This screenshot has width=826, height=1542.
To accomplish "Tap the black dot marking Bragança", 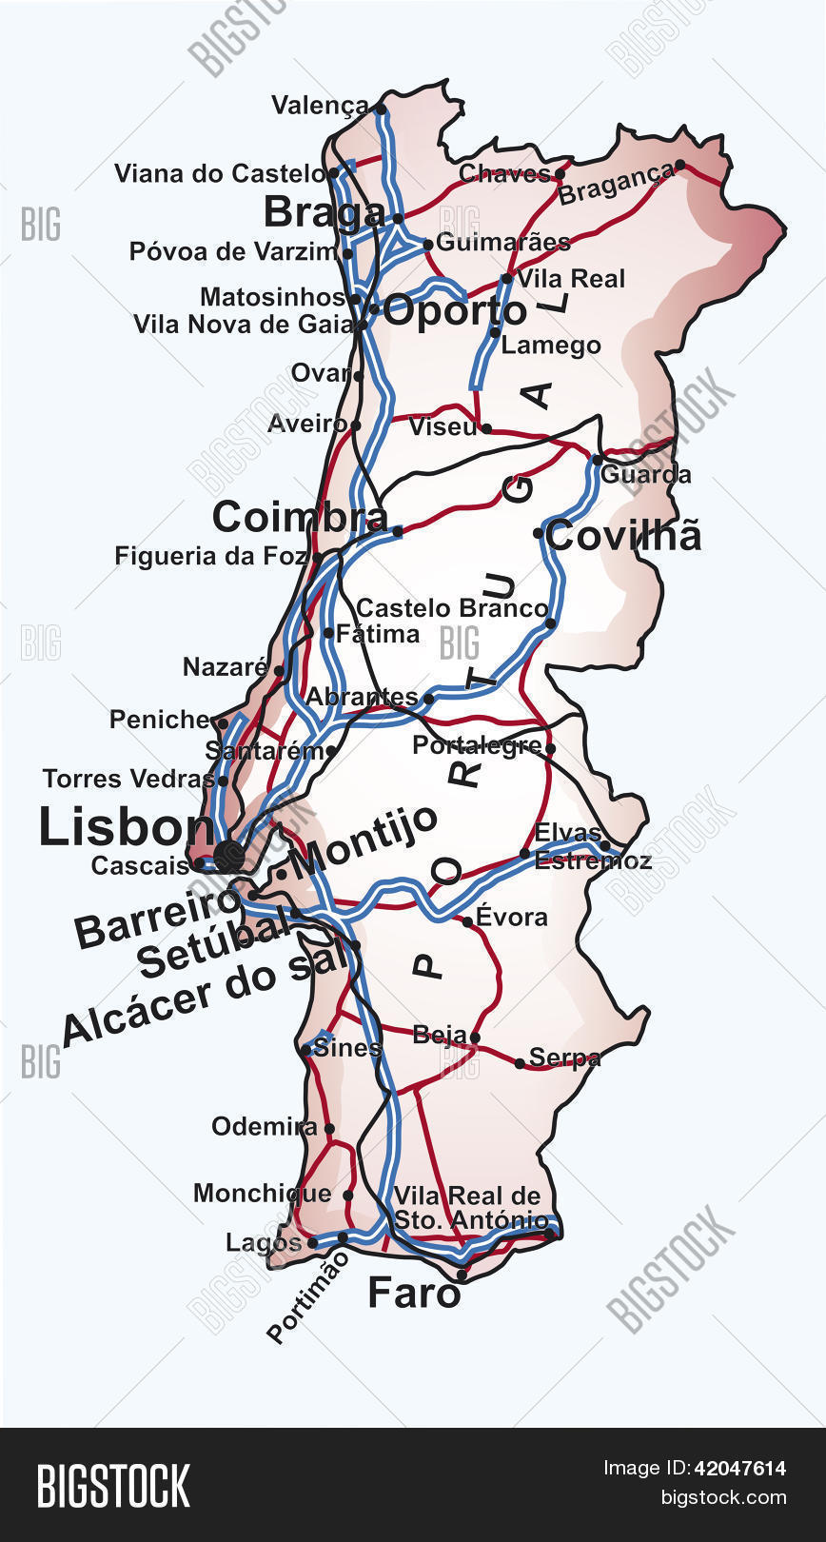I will pyautogui.click(x=679, y=165).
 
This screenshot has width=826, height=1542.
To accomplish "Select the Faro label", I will pyautogui.click(x=414, y=1293).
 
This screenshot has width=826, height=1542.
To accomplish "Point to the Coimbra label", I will pyautogui.click(x=300, y=517).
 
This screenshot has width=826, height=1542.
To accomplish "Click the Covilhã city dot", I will pyautogui.click(x=538, y=533).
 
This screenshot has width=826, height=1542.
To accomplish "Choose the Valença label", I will pyautogui.click(x=320, y=105).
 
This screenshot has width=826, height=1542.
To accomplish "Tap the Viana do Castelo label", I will pyautogui.click(x=220, y=173).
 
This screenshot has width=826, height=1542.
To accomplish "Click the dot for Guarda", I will pyautogui.click(x=597, y=460).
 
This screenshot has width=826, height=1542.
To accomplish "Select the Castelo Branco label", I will pyautogui.click(x=452, y=608).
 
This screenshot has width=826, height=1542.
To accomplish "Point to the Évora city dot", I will pyautogui.click(x=467, y=921).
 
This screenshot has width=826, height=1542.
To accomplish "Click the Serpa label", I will pyautogui.click(x=564, y=1057).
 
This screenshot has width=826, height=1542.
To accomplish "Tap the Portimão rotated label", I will pyautogui.click(x=308, y=1296).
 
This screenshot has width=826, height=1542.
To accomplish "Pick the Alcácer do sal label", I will pyautogui.click(x=205, y=997).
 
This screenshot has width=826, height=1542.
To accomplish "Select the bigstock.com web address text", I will pyautogui.click(x=723, y=1497).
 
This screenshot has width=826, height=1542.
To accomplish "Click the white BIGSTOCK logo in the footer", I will pyautogui.click(x=113, y=1486).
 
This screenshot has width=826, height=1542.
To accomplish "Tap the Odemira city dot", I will pyautogui.click(x=329, y=1129).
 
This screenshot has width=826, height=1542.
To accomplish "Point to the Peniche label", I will pyautogui.click(x=160, y=720).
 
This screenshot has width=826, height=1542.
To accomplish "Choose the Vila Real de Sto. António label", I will pyautogui.click(x=470, y=1208).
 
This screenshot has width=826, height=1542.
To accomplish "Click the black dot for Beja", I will pyautogui.click(x=475, y=1038).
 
